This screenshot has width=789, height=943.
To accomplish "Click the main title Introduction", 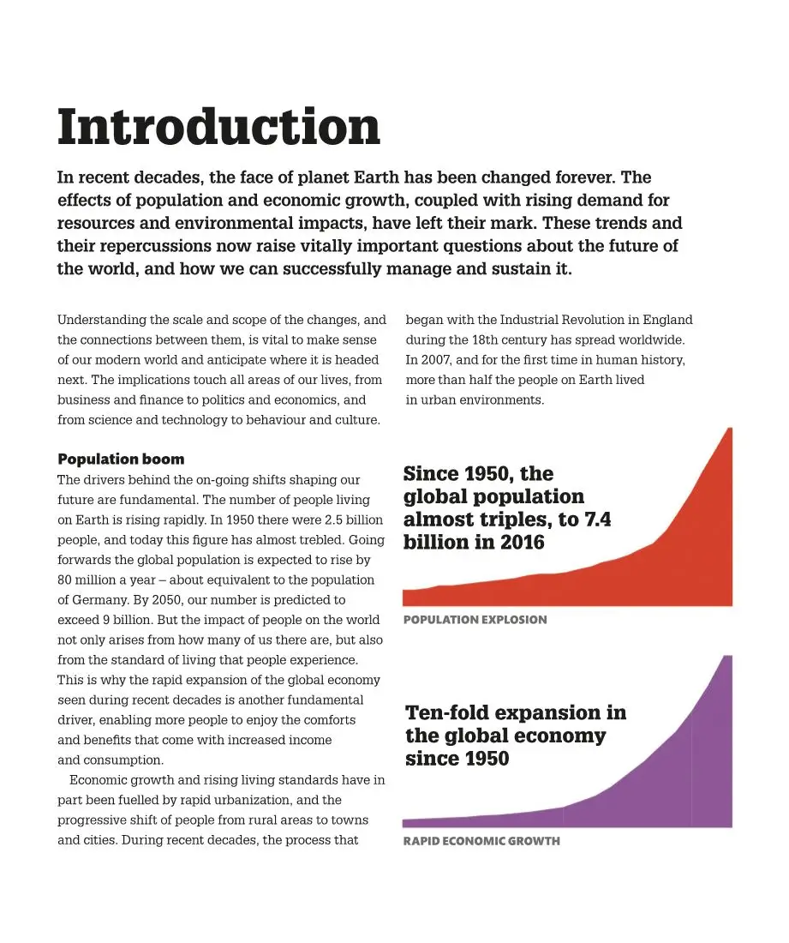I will coord(218,127).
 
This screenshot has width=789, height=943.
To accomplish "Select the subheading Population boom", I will coord(121,459).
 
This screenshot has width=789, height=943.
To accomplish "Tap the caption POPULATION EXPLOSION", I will coord(475,620).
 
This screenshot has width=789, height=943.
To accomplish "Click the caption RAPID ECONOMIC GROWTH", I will coord(481,841).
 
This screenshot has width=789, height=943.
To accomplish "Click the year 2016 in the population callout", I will coord(523,543).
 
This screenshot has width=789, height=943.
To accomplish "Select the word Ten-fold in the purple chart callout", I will coord(446,713).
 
